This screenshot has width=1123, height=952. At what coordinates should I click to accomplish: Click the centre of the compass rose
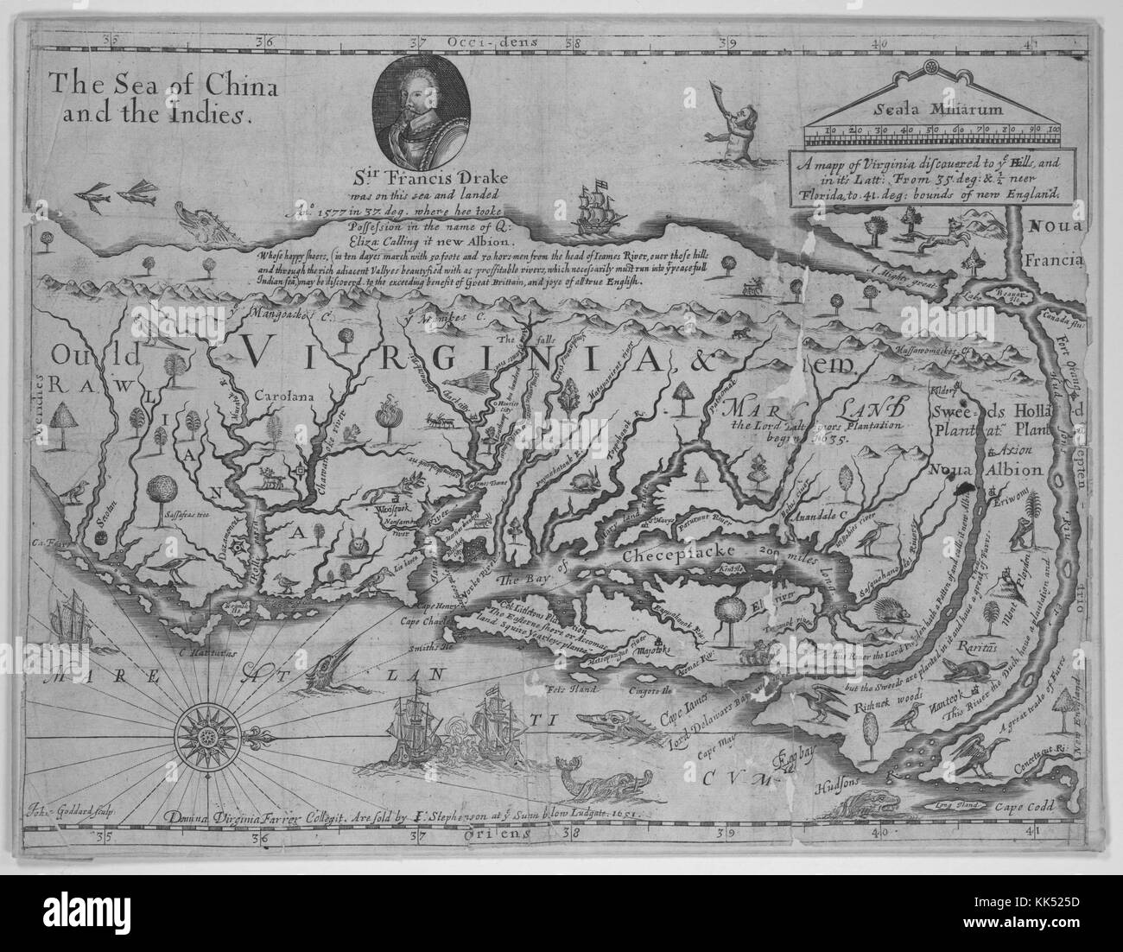tap(206, 737)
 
